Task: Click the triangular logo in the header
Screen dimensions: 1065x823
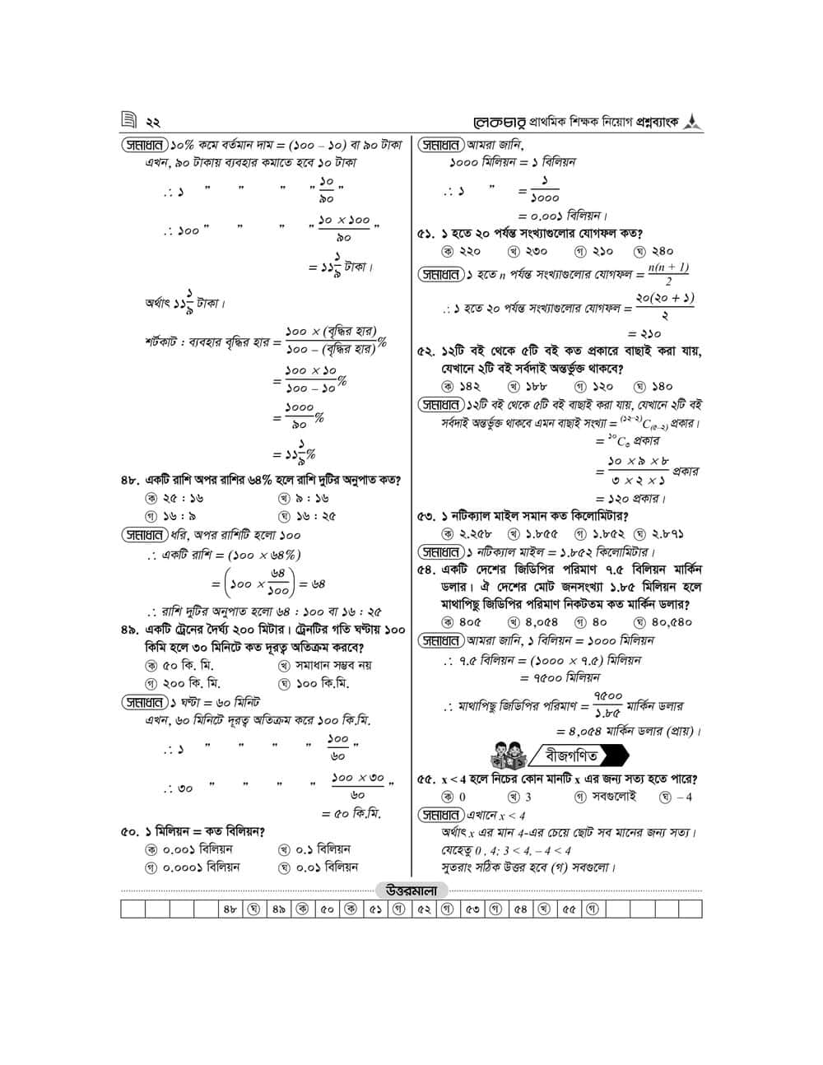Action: pos(693,121)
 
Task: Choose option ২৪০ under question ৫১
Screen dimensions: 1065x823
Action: pos(654,251)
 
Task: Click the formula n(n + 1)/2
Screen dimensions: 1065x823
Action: pos(667,274)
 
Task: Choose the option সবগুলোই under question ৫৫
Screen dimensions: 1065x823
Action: pos(605,797)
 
